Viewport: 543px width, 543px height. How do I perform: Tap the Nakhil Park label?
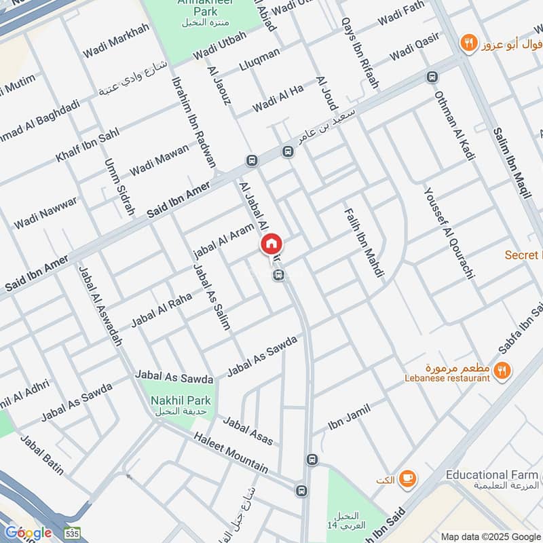pyautogui.click(x=181, y=401)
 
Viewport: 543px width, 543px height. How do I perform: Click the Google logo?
pyautogui.click(x=28, y=532)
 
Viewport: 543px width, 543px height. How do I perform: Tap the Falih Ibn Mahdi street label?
pyautogui.click(x=364, y=242)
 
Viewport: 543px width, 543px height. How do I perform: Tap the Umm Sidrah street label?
pyautogui.click(x=119, y=187)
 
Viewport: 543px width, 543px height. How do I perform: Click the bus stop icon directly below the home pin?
pyautogui.click(x=278, y=275)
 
